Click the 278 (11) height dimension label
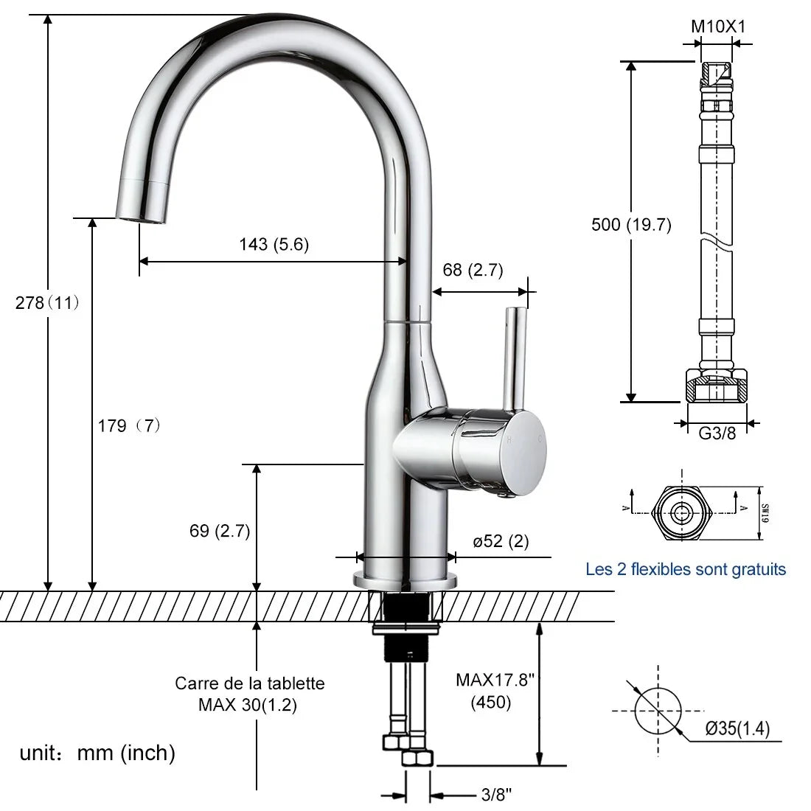pos(47,302)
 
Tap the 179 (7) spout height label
pos(129,425)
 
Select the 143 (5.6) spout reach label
pos(274,244)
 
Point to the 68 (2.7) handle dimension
pos(473,269)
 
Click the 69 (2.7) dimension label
pos(219,531)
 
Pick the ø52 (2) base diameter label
pos(501,541)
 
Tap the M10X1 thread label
pos(718,27)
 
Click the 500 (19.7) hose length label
pos(631,224)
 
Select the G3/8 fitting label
pos(717,433)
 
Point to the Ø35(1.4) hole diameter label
pos(737,728)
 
